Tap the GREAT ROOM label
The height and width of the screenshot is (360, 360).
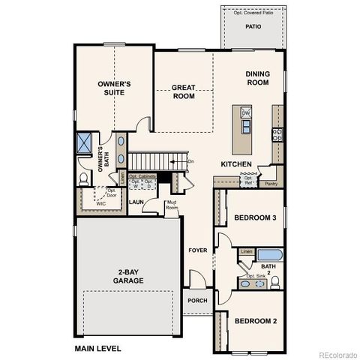tap(183, 91)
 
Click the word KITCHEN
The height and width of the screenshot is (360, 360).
tap(235, 163)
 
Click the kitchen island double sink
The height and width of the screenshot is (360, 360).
tap(246, 125)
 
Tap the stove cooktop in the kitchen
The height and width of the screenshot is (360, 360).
tap(277, 136)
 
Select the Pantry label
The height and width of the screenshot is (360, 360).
tap(271, 182)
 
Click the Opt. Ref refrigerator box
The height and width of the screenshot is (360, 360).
tap(247, 180)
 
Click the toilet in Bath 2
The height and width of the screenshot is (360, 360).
tap(275, 282)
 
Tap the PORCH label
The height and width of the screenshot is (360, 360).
tap(197, 301)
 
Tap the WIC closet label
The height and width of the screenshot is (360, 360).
tap(100, 202)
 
